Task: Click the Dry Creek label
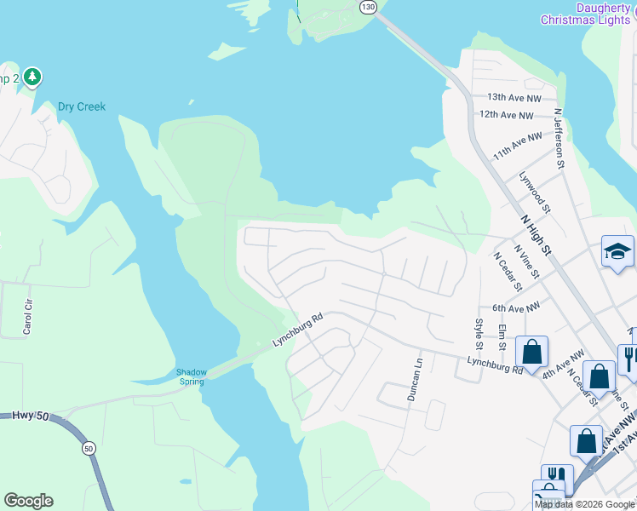coord(82,107)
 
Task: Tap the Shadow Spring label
coord(192,376)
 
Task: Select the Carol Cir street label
coord(28,316)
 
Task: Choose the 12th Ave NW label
coord(506,115)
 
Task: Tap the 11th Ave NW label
coord(517,147)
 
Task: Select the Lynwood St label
coord(535,192)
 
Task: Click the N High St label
coord(536,234)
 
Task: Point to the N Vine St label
coord(526,261)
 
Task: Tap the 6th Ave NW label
coord(516,307)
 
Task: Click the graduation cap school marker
coord(617,251)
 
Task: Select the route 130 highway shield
coord(367,7)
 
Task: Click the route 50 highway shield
coord(89,446)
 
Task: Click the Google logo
coord(28,501)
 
